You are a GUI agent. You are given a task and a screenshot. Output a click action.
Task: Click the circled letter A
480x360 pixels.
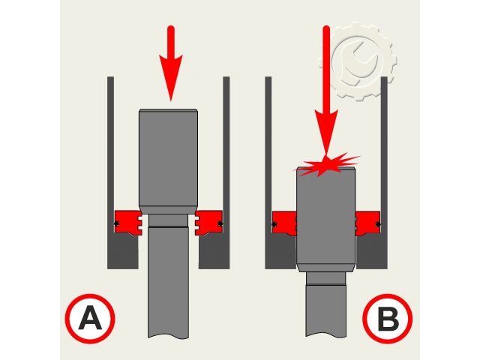[x=90, y=319]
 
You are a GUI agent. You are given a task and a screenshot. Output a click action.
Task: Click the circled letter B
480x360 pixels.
[x=388, y=319]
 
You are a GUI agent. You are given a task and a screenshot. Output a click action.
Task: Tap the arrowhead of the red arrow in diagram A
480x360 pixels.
[x=171, y=78]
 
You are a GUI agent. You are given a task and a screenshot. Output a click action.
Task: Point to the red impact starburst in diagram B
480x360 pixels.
[x=327, y=165]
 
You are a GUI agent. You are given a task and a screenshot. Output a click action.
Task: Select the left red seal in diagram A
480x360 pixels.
[x=128, y=223]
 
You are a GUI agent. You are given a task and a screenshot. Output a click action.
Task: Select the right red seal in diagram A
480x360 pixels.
[x=208, y=223]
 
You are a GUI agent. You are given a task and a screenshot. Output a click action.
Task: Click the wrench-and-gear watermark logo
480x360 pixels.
[x=358, y=61]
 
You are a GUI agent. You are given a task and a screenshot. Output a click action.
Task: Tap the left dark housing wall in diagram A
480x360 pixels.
[x=110, y=172]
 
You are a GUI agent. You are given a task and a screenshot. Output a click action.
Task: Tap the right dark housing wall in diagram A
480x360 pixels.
[x=226, y=172]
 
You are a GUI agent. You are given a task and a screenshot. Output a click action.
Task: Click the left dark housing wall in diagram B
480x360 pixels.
[x=268, y=172]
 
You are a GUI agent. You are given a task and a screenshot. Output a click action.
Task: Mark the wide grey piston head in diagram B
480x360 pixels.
[x=326, y=220]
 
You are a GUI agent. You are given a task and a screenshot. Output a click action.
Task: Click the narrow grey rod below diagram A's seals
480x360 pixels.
[x=168, y=276]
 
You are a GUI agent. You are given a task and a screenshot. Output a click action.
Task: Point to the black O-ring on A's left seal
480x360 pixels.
[x=116, y=223]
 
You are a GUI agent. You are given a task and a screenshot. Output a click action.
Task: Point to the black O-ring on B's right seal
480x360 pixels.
[x=378, y=224]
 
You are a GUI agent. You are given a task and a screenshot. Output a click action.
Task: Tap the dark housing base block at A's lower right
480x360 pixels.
[x=214, y=252]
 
